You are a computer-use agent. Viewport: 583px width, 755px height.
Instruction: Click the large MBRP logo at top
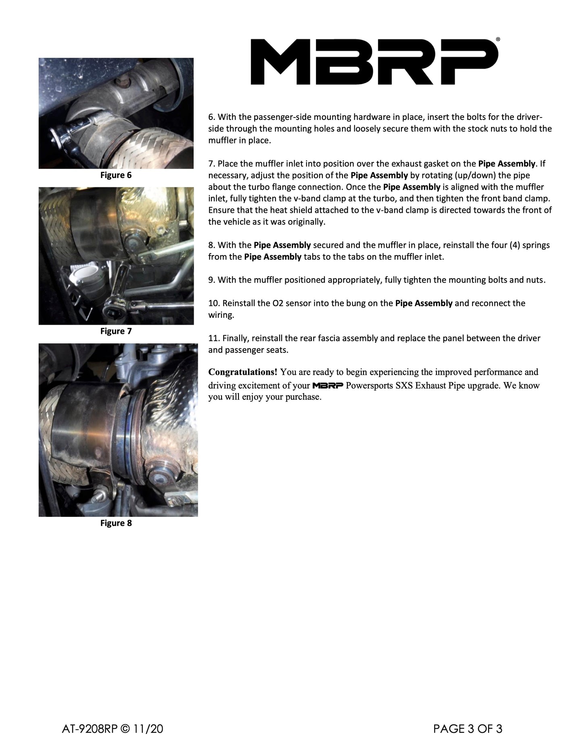tap(374, 62)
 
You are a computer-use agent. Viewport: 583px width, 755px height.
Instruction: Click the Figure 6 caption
tap(116, 175)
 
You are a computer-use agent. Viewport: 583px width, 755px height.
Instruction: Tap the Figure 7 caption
tap(116, 331)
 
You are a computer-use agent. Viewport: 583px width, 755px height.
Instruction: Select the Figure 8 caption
tap(116, 523)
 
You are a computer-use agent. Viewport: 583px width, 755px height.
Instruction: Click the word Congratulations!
tap(242, 372)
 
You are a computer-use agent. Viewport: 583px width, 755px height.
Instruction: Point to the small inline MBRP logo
tap(328, 386)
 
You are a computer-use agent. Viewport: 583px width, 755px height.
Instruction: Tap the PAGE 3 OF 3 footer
tap(468, 729)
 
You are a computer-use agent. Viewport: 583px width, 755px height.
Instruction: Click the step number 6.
tap(211, 117)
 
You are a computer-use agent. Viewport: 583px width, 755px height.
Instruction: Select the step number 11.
tap(213, 338)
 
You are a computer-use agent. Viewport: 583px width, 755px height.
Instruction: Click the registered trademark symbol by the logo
tap(498, 40)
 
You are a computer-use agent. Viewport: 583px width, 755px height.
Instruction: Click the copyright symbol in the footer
tap(125, 729)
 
